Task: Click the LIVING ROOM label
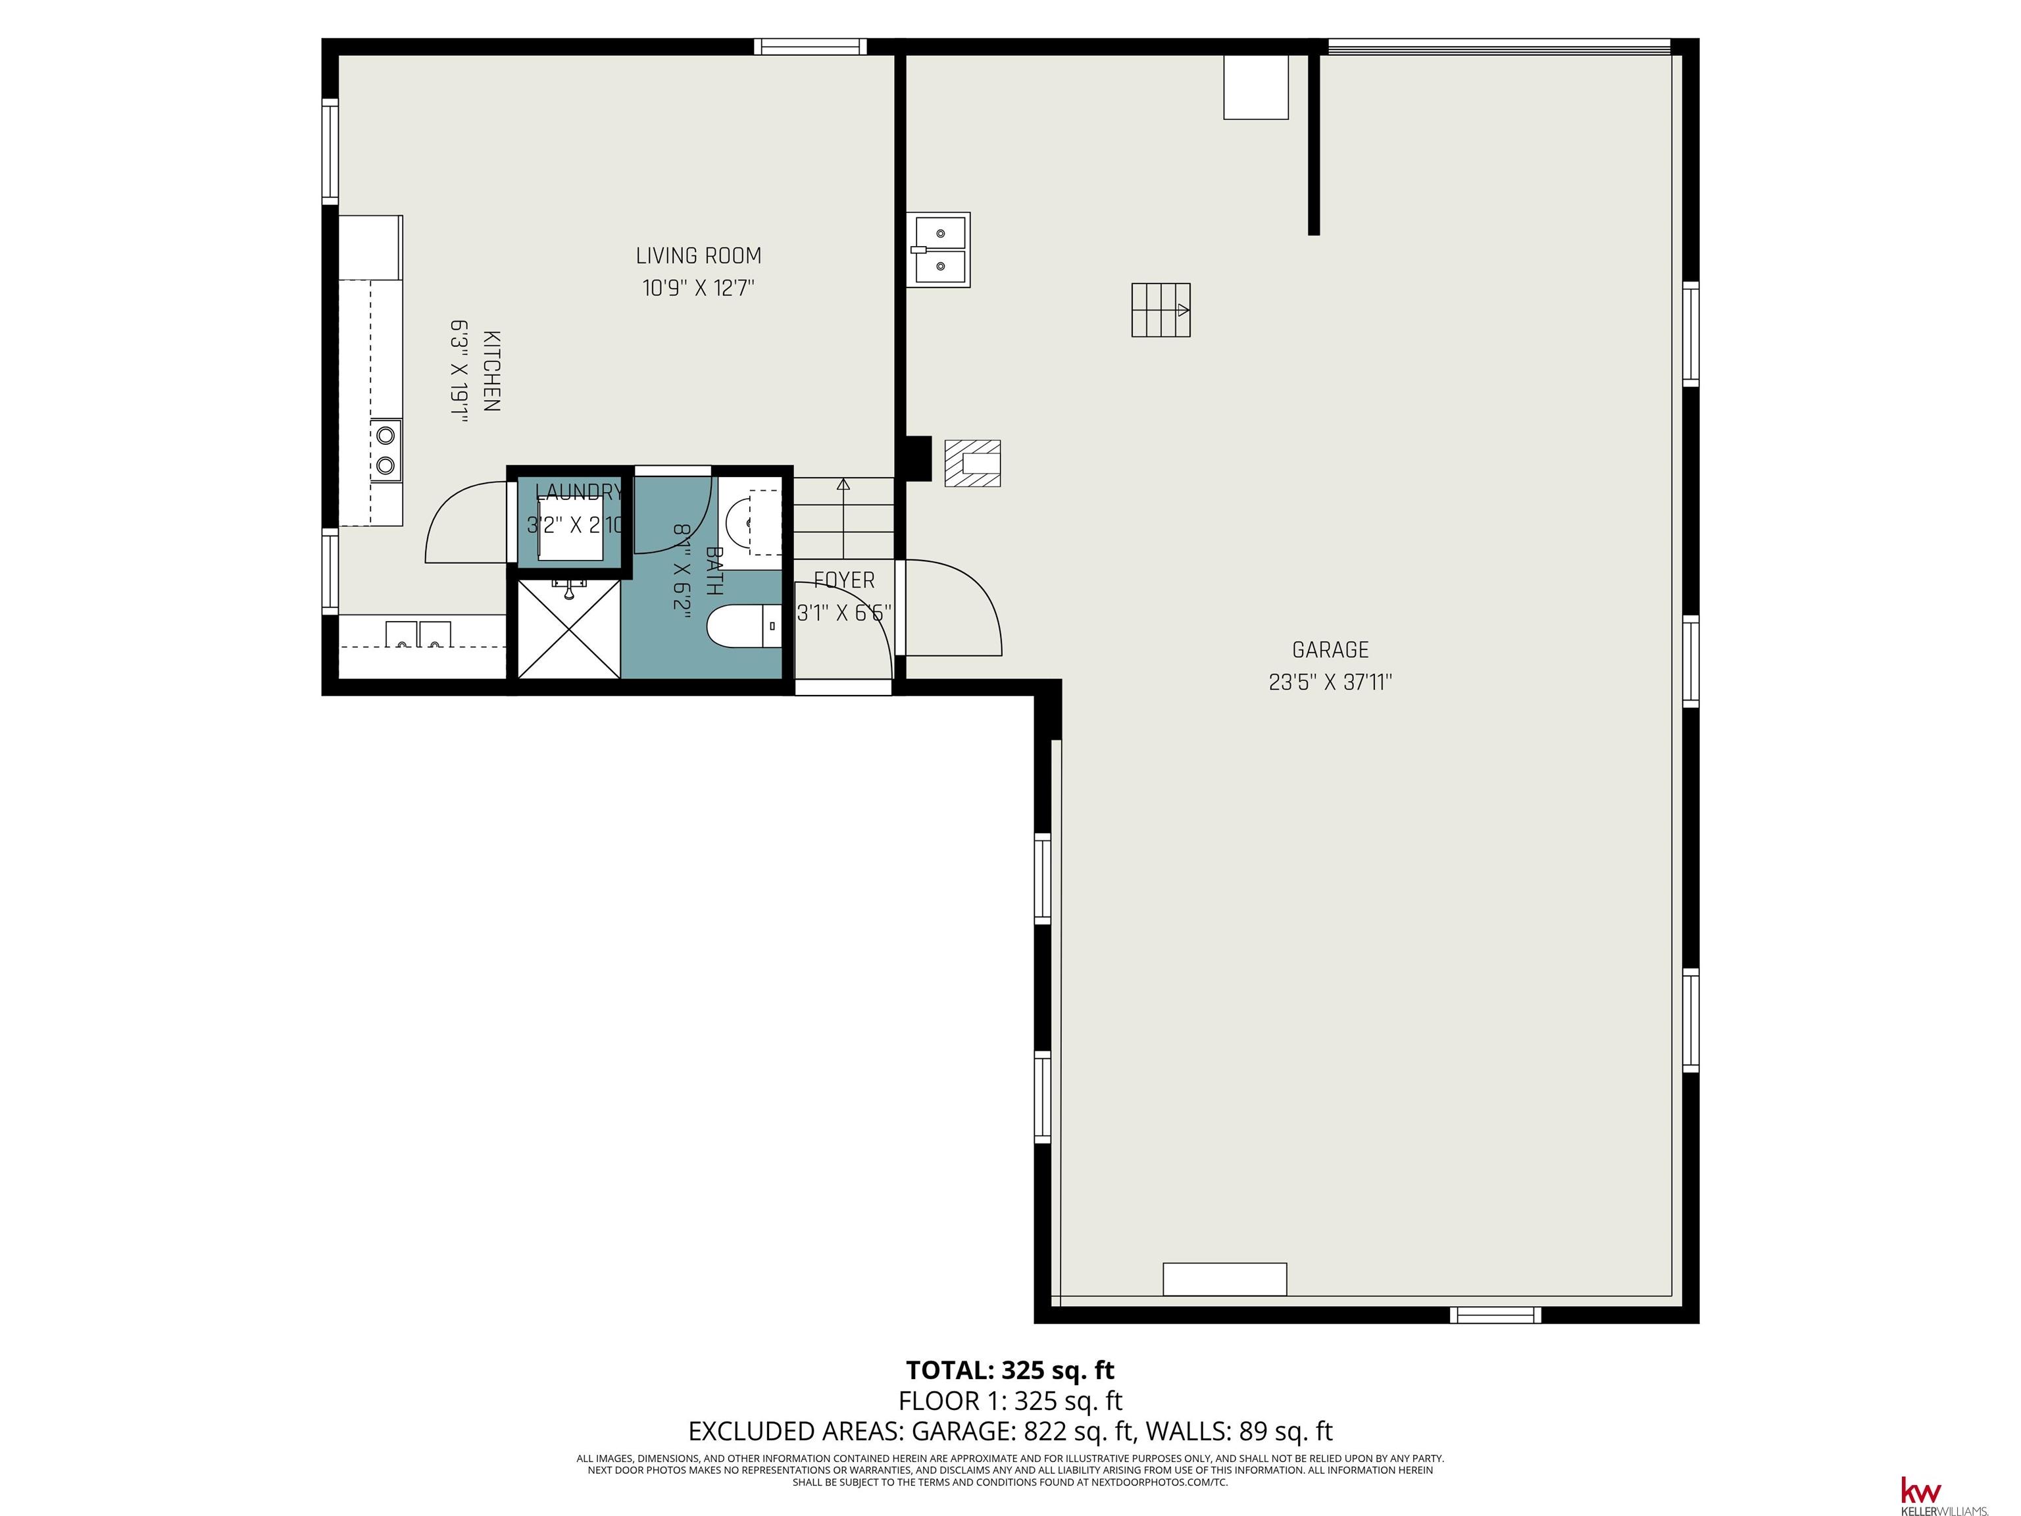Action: pos(699,256)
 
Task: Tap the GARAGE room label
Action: pos(1330,649)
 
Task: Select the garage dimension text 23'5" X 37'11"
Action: pos(1330,682)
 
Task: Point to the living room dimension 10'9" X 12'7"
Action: pos(699,288)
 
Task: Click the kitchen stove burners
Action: pos(386,449)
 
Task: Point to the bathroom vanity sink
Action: pos(750,522)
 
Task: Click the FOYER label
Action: pos(844,580)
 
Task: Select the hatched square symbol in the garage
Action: pos(972,463)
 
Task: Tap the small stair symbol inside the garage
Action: pos(1161,310)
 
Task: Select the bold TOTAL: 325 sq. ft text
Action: pos(1010,1370)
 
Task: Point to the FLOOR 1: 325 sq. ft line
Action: pos(1010,1401)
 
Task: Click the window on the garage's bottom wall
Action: pos(1495,1315)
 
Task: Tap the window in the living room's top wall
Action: pos(811,47)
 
